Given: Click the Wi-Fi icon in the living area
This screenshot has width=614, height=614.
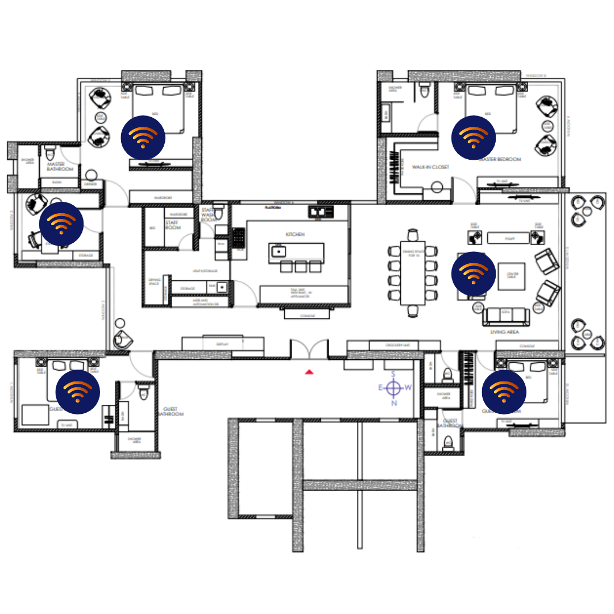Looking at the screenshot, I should pyautogui.click(x=473, y=274).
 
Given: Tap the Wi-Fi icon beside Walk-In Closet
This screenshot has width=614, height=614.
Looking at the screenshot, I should pyautogui.click(x=473, y=138).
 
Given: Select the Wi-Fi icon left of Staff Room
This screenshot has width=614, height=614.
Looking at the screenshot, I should pyautogui.click(x=61, y=224).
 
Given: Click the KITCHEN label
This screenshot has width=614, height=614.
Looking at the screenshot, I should pyautogui.click(x=295, y=234).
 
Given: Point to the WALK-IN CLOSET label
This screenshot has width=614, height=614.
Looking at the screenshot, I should pyautogui.click(x=430, y=167).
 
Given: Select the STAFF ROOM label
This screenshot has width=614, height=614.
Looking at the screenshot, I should pyautogui.click(x=172, y=225).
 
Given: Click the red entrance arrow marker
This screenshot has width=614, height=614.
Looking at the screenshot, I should pyautogui.click(x=309, y=372).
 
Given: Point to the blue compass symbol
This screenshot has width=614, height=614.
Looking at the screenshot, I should pyautogui.click(x=393, y=388).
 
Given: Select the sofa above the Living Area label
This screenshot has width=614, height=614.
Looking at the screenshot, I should pyautogui.click(x=506, y=314).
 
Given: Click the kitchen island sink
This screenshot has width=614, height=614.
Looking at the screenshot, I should pyautogui.click(x=278, y=251).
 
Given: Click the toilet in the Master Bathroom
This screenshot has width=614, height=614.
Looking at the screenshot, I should pyautogui.click(x=50, y=152).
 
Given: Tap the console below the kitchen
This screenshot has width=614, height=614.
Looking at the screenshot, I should pyautogui.click(x=306, y=314).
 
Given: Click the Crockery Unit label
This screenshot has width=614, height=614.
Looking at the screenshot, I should pyautogui.click(x=393, y=345).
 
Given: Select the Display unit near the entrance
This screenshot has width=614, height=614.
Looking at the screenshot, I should pyautogui.click(x=222, y=344).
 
